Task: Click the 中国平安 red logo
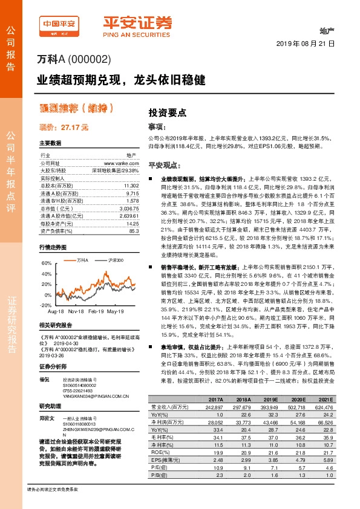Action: pyautogui.click(x=59, y=25)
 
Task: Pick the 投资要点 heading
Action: pyautogui.click(x=168, y=113)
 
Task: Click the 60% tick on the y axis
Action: pyautogui.click(x=46, y=264)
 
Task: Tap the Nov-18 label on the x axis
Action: pyautogui.click(x=76, y=312)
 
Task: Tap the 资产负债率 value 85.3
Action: pyautogui.click(x=134, y=230)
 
